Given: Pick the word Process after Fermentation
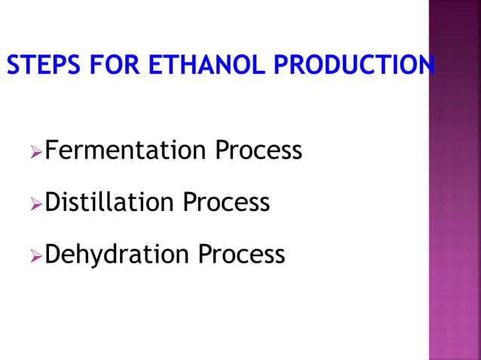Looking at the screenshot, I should tap(259, 151).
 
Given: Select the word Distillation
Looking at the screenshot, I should tap(110, 202).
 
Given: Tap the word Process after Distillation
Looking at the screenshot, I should tap(226, 202).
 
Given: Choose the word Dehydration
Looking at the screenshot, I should tap(118, 254).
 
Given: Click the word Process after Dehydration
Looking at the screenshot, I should tap(242, 254).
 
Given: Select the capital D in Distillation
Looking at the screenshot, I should tap(53, 202).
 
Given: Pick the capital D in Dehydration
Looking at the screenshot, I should tap(53, 254).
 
